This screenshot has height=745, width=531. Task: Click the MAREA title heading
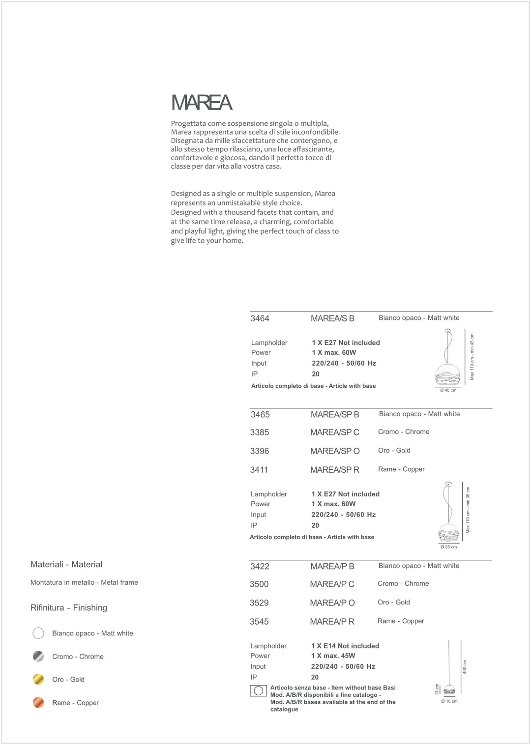coord(202,103)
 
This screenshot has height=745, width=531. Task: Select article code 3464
coord(260,318)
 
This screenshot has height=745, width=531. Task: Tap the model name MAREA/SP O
coord(335,451)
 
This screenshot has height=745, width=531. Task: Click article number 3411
coord(259,470)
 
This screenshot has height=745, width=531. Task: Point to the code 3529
coord(259,603)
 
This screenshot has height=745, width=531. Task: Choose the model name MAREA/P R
coord(332,622)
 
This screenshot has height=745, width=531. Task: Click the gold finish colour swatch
coord(38,679)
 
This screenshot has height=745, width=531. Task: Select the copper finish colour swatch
coord(38,702)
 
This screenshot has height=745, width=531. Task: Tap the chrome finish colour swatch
coord(38,656)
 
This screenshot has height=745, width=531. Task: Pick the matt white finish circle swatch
coord(38,633)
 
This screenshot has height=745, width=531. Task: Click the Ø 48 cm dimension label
coord(448,390)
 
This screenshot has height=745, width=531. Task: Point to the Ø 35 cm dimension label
coord(448,546)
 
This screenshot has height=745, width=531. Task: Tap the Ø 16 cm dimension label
coord(449,701)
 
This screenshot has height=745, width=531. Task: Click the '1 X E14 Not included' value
coord(345,646)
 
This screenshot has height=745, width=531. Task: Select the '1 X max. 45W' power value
coord(333,656)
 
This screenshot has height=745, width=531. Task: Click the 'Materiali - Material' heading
coord(66,565)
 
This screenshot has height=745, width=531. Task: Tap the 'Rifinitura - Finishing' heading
coord(69,608)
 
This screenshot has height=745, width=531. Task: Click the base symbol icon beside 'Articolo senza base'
coord(258,691)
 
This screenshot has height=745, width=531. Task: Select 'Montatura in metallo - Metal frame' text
coord(84,582)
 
